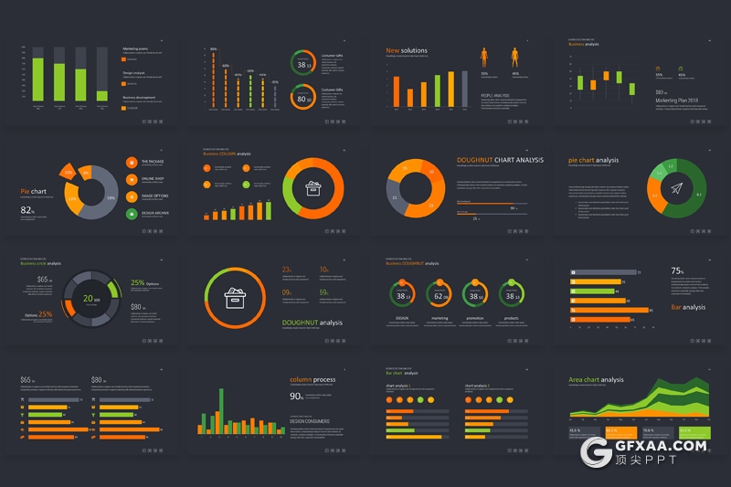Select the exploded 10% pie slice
point(67,170)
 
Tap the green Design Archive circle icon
point(132,214)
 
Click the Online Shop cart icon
point(132,179)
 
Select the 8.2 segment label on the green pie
point(699,195)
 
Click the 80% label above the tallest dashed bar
point(213,49)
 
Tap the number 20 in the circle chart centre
point(88,298)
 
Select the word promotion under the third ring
point(475,318)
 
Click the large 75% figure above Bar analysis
point(677,271)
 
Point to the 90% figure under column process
point(296,397)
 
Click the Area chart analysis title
point(596,379)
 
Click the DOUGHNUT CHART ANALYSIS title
point(499,160)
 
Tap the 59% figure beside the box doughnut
point(324,292)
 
